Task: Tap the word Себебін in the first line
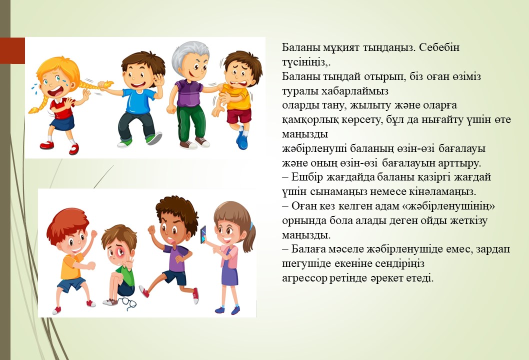tap(439, 47)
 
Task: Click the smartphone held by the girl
tap(203, 235)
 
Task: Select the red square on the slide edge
tap(12, 50)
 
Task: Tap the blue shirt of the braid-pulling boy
tap(137, 100)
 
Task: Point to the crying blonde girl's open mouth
tap(55, 91)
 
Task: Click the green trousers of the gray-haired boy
tap(190, 122)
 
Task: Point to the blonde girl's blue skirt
tap(62, 123)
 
